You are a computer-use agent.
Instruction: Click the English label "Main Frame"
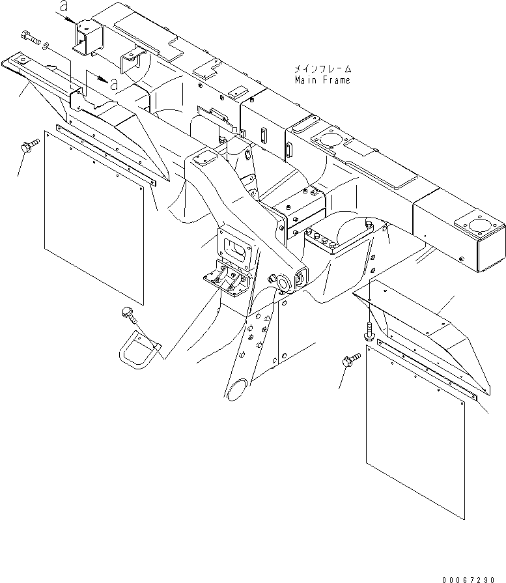click(322, 80)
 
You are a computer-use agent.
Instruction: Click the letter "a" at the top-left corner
click(63, 7)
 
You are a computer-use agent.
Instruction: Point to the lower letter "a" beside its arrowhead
click(114, 84)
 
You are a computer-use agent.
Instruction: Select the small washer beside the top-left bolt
click(44, 46)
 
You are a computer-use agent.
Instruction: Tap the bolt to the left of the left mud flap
click(29, 147)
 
